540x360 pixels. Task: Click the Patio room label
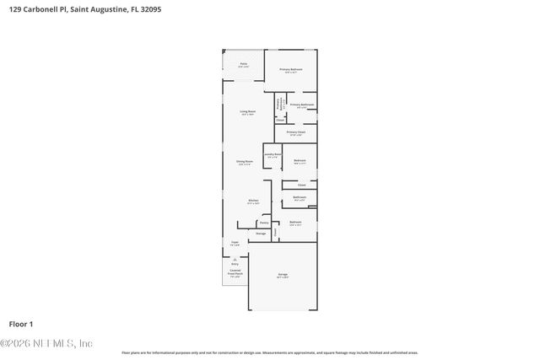(243, 64)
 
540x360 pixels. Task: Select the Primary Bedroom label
(291, 70)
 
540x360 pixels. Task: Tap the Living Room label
(248, 111)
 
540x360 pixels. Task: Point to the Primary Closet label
(295, 132)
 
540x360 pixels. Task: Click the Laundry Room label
(272, 155)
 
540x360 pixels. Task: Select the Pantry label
(264, 223)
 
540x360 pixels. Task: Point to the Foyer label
(235, 243)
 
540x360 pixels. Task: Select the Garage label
(283, 275)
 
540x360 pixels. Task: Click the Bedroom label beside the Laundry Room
(300, 160)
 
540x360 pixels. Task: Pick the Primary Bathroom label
(302, 105)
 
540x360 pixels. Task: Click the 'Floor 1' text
(20, 324)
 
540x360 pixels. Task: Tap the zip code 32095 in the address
(149, 9)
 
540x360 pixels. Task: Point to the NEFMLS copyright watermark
(46, 343)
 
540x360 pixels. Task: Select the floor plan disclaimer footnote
(269, 352)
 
